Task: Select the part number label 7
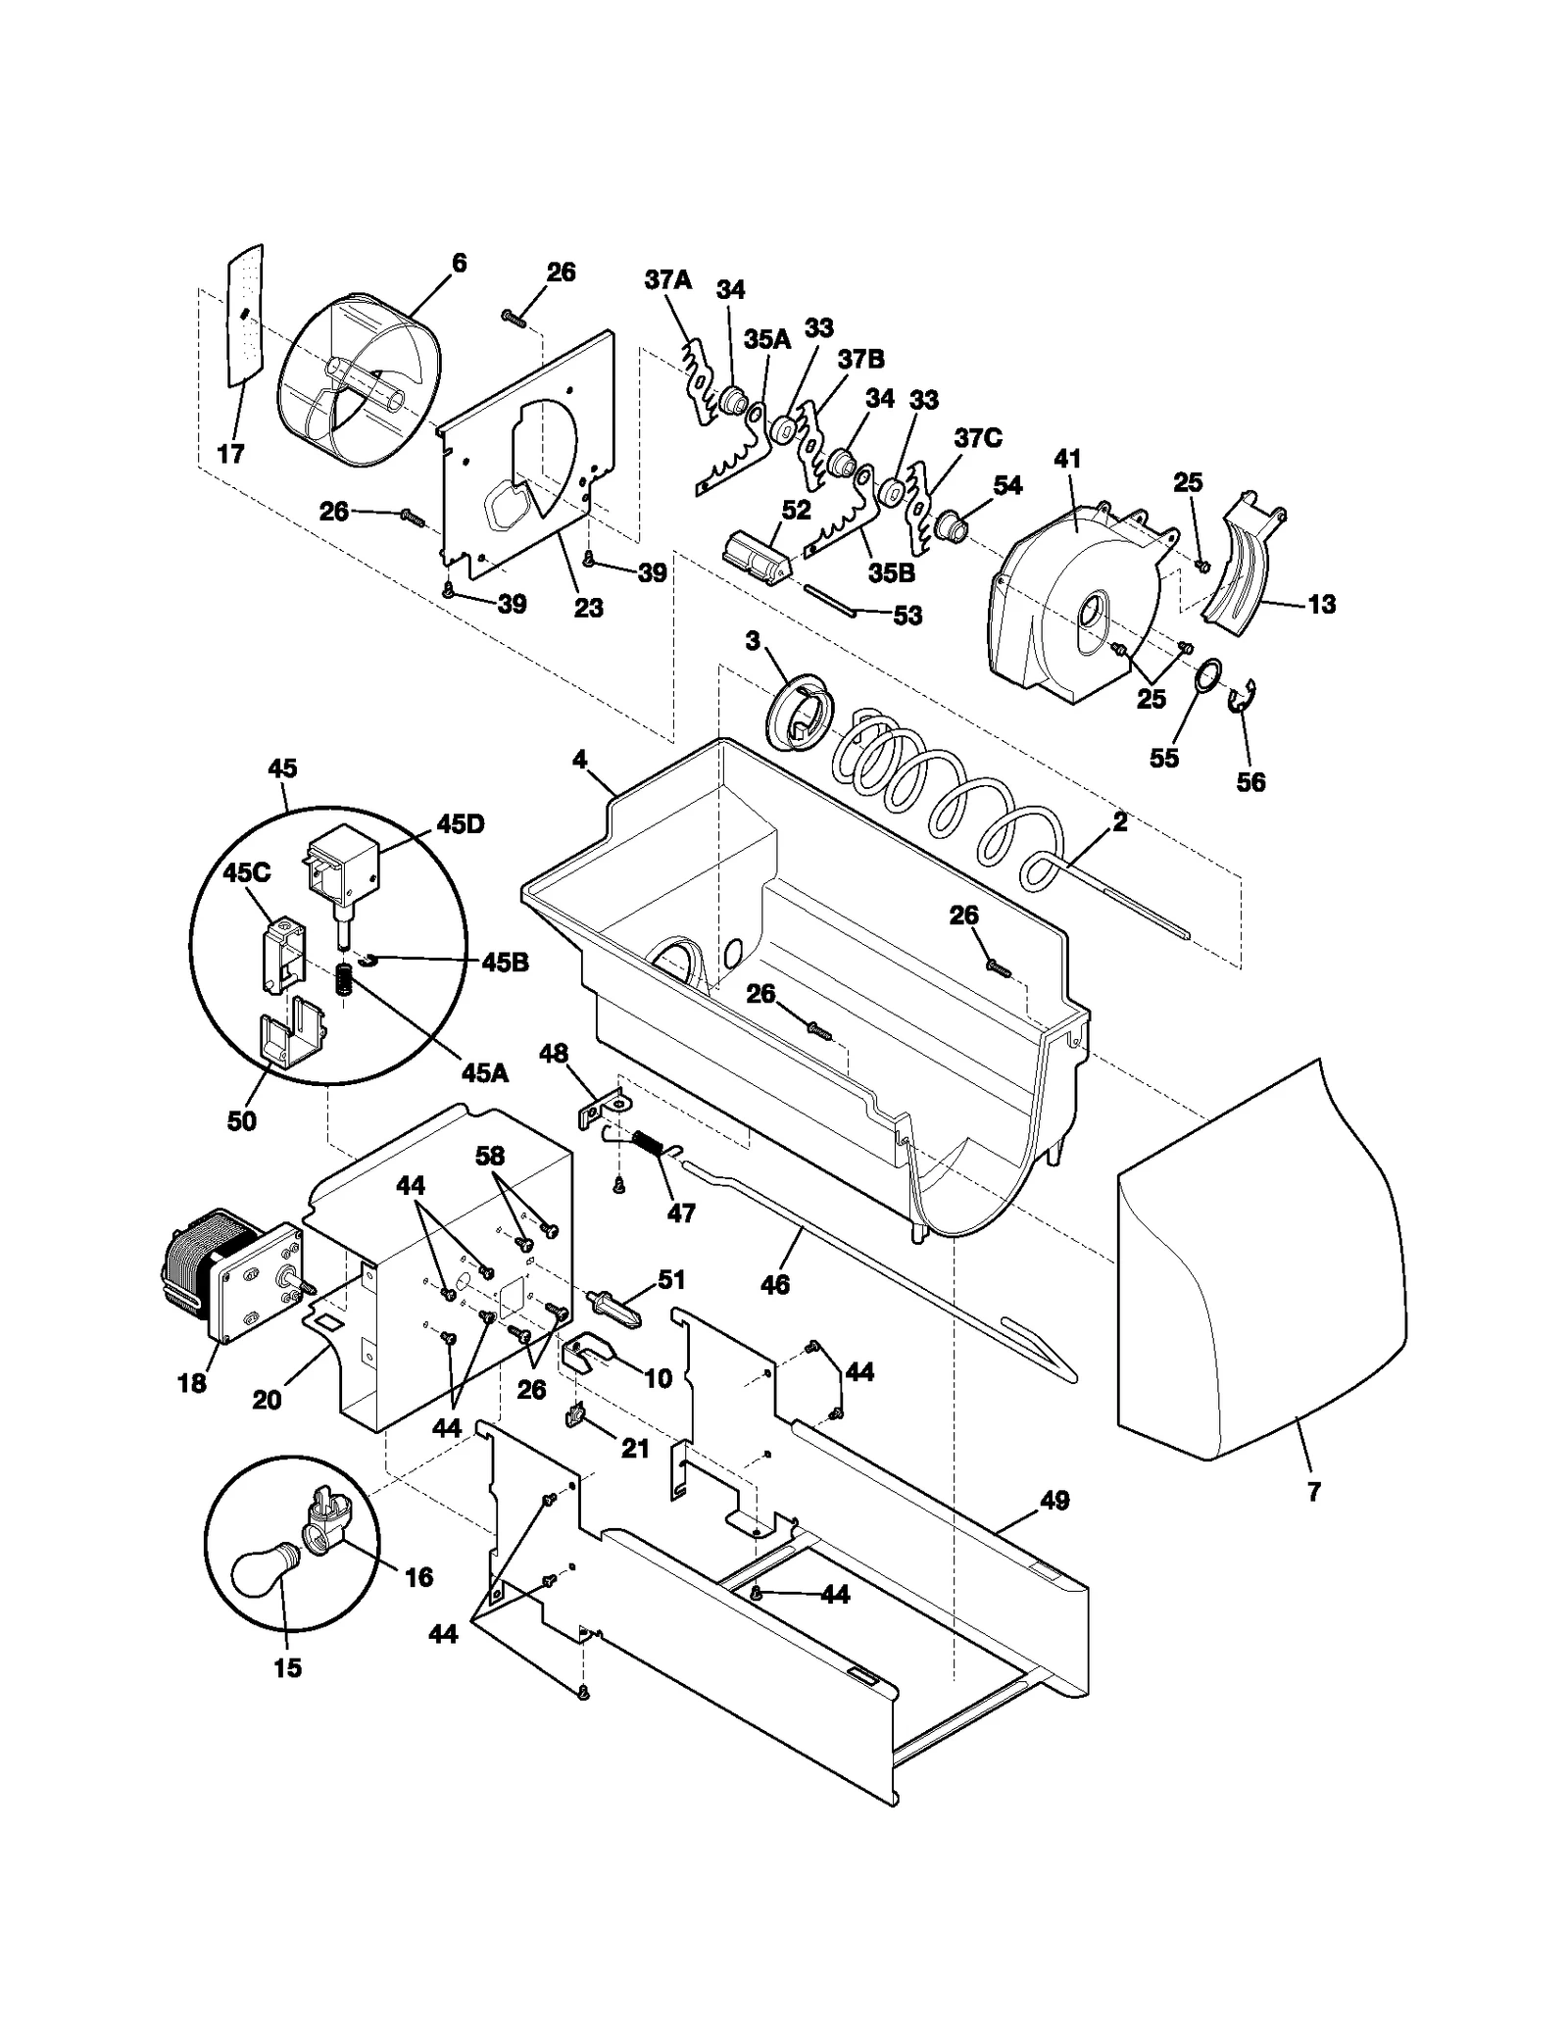click(1313, 1492)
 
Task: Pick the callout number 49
click(1053, 1501)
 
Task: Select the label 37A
click(667, 280)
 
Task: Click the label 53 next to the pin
click(907, 616)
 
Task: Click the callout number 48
click(553, 1054)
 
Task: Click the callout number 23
click(588, 608)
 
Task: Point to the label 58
click(490, 1157)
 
